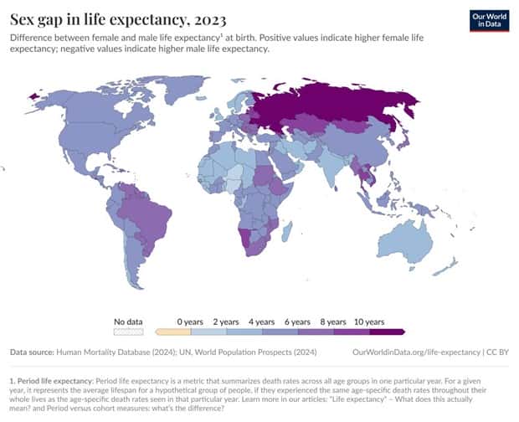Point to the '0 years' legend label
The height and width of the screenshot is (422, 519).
[190, 321]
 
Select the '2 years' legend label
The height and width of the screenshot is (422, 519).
[226, 321]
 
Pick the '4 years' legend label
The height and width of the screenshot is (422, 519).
[262, 321]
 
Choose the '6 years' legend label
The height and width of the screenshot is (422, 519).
[298, 321]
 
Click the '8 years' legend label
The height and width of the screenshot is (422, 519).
[333, 321]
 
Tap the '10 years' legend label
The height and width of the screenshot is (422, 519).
[368, 321]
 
